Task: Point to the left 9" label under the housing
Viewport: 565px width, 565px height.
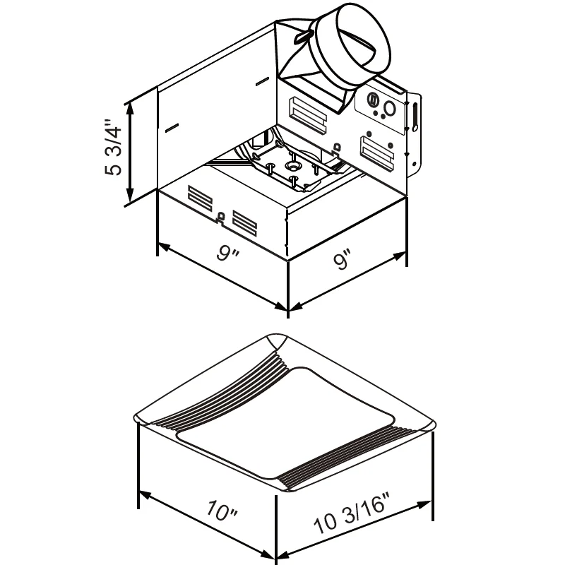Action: [x=227, y=254]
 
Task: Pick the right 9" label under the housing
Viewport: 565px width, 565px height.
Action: [x=342, y=258]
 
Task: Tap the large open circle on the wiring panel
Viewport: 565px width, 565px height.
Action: [x=390, y=109]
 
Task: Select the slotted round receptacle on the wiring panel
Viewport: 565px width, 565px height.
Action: [x=373, y=99]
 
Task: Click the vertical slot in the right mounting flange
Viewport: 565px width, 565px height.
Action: [x=415, y=116]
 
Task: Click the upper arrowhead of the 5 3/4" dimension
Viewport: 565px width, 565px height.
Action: [x=130, y=109]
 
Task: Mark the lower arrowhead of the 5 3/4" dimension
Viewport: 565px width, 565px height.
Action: [x=130, y=196]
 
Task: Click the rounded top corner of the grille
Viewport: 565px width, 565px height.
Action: [x=277, y=341]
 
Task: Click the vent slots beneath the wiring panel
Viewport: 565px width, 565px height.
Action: [x=376, y=153]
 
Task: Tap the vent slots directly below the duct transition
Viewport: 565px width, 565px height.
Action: [x=307, y=114]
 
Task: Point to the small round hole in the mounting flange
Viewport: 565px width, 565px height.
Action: [x=415, y=128]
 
